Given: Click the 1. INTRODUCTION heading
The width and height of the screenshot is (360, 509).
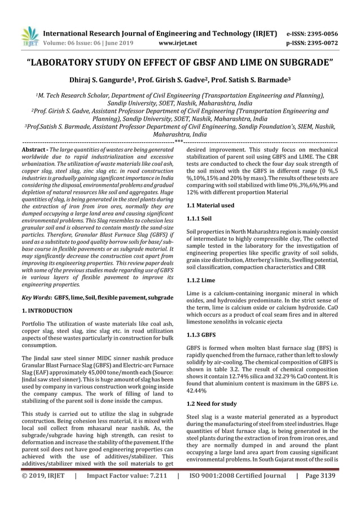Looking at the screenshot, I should (x=47, y=311).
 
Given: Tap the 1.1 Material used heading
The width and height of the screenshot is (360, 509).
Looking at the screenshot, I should (x=210, y=206).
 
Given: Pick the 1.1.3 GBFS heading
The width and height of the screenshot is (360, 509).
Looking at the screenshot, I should (x=201, y=333).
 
